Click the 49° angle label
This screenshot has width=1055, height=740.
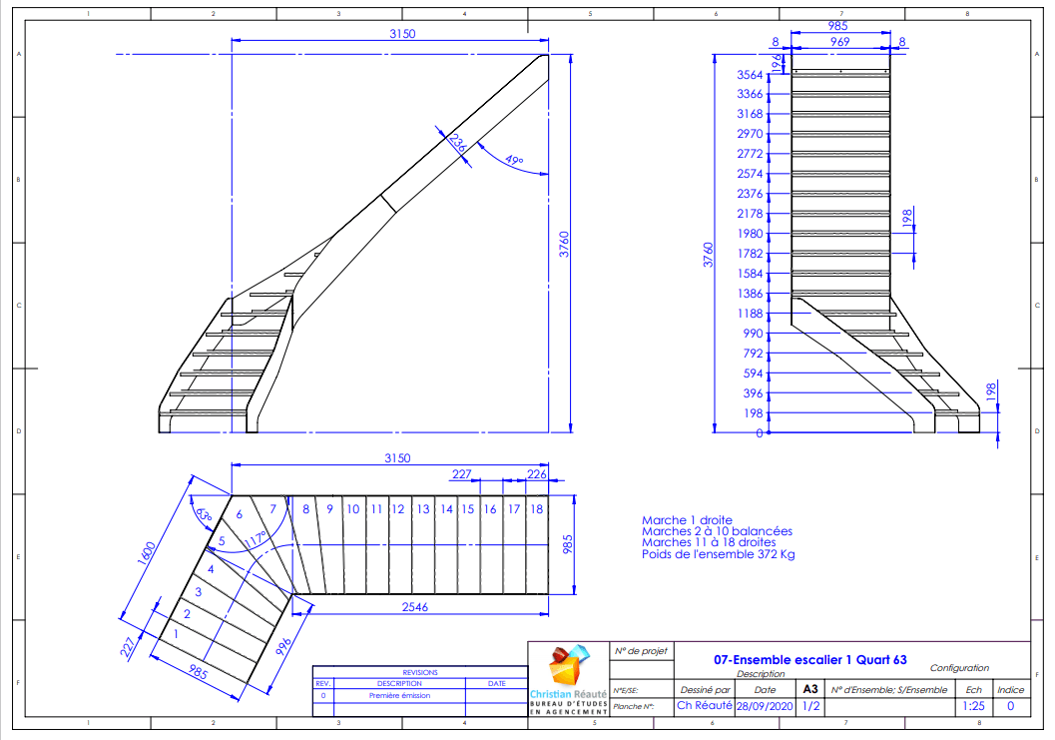pyautogui.click(x=514, y=160)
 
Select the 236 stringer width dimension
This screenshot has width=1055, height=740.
pyautogui.click(x=456, y=143)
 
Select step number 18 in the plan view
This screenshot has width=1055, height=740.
pyautogui.click(x=537, y=509)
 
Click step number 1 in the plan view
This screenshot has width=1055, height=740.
pyautogui.click(x=176, y=633)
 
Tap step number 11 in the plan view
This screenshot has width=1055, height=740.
pyautogui.click(x=376, y=509)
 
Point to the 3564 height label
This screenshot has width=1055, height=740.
pyautogui.click(x=750, y=75)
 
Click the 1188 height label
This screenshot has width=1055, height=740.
pyautogui.click(x=750, y=314)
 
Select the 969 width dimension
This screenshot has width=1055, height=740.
pyautogui.click(x=839, y=42)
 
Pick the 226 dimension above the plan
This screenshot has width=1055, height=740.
pyautogui.click(x=536, y=474)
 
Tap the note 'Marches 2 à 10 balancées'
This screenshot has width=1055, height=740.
pyautogui.click(x=717, y=531)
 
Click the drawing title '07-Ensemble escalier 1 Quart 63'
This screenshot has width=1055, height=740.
pyautogui.click(x=810, y=660)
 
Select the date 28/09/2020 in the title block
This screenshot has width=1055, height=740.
pyautogui.click(x=765, y=706)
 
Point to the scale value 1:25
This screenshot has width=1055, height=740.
pyautogui.click(x=972, y=706)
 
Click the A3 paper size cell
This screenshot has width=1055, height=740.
pyautogui.click(x=809, y=689)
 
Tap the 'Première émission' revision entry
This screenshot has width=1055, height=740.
pyautogui.click(x=399, y=695)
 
